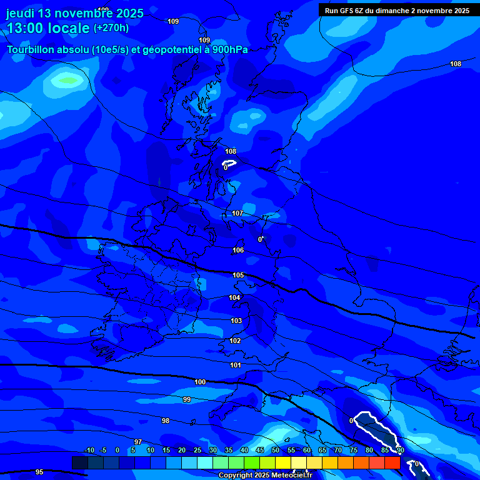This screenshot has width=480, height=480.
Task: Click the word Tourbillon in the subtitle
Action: tap(32, 50)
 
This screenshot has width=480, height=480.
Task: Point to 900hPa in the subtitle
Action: tap(227, 50)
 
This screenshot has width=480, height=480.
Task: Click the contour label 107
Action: tap(237, 214)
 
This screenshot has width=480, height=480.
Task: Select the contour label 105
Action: tap(238, 275)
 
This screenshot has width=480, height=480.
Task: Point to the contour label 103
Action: tap(236, 321)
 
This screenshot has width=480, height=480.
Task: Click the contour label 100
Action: tap(200, 382)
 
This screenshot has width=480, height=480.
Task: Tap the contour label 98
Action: tap(166, 421)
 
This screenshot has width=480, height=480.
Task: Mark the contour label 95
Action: tap(39, 472)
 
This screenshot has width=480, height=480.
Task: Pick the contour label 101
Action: tap(236, 365)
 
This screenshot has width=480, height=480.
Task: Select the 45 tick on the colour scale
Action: tap(259, 450)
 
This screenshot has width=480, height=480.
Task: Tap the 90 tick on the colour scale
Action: tap(400, 450)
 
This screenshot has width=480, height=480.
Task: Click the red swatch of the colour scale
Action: tap(392, 462)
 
